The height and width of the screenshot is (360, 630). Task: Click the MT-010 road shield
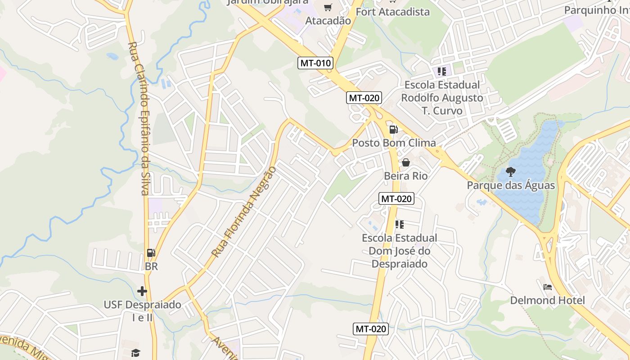point(316,63)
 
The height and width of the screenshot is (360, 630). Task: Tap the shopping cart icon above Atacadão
point(328,7)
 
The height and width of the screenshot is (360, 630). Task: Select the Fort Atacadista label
point(392,12)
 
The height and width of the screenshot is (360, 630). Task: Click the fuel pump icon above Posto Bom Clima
point(394,130)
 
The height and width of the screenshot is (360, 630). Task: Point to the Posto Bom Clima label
point(394,143)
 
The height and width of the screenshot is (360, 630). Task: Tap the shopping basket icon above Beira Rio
point(406,162)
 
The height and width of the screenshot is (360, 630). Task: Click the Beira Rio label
point(406,176)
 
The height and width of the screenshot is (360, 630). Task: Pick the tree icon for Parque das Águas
point(511,171)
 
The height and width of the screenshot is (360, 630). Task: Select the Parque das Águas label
point(511,185)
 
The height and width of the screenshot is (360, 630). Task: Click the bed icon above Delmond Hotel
point(548,287)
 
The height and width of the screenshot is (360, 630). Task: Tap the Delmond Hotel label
point(548,301)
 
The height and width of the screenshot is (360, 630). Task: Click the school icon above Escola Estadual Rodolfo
point(442,71)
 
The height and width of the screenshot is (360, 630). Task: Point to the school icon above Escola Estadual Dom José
point(400,224)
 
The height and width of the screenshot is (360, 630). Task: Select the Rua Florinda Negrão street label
point(243,212)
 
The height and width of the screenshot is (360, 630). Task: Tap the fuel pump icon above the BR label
point(151,253)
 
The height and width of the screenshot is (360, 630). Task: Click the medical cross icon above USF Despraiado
point(142,291)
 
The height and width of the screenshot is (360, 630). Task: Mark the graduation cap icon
point(136,352)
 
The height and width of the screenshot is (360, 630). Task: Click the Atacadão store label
point(328,21)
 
